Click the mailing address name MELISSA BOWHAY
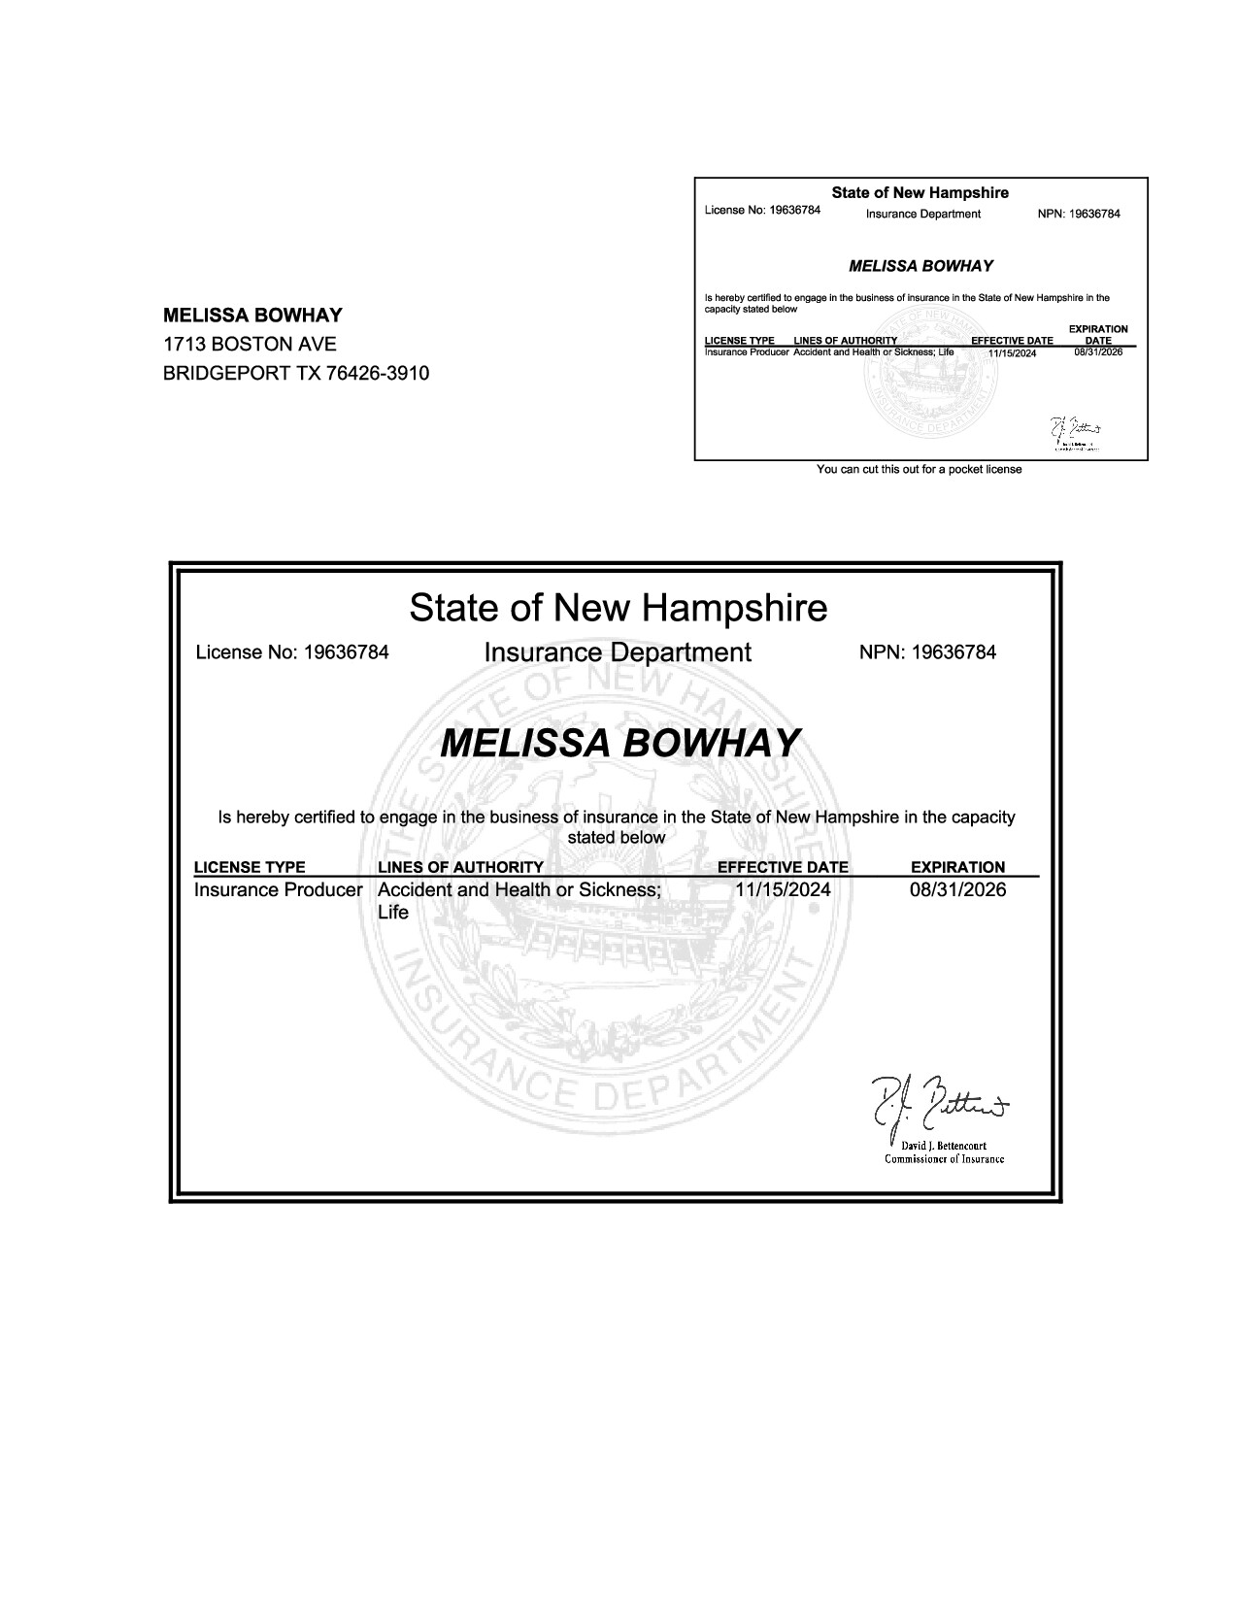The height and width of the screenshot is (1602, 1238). [252, 315]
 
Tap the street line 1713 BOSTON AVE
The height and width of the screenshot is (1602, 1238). [250, 344]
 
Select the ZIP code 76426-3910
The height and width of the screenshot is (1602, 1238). [380, 373]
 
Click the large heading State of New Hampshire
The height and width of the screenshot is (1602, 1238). [619, 608]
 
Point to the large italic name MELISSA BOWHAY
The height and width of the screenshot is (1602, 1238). [619, 743]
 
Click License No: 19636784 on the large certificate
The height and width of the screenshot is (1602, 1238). [292, 652]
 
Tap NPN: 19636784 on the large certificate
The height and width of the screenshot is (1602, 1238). [927, 652]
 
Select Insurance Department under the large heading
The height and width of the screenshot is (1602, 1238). [618, 652]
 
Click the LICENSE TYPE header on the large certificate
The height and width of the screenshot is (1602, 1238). [250, 867]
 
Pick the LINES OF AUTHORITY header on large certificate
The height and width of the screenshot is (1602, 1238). [460, 867]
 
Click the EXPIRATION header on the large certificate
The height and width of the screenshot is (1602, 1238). [957, 867]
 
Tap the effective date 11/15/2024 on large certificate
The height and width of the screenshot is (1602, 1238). [783, 889]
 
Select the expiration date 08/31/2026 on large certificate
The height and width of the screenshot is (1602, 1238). [957, 889]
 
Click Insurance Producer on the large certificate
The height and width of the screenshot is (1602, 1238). [278, 889]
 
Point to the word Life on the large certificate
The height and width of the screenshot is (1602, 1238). [392, 913]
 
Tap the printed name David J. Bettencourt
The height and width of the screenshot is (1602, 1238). [944, 1146]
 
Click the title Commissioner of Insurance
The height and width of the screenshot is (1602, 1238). [944, 1159]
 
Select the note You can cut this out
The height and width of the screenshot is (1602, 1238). [920, 470]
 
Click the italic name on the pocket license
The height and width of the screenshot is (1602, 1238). [920, 266]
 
